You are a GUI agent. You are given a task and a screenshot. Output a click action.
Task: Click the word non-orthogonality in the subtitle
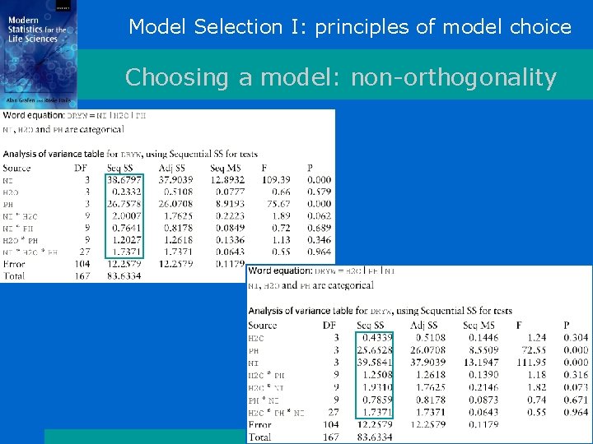454,78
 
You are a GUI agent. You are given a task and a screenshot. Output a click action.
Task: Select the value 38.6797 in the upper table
124,179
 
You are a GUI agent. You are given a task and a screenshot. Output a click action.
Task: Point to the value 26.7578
124,204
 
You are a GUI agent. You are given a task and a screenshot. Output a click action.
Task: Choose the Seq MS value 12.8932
227,179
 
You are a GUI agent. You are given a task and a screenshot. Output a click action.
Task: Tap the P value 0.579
320,192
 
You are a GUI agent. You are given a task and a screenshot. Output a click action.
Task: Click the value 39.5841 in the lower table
376,363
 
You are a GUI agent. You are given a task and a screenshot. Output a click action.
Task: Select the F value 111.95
528,363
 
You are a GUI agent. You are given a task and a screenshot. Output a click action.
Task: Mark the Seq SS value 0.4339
378,338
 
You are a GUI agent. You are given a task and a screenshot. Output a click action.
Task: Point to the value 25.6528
376,350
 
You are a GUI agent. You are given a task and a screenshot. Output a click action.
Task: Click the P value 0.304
576,338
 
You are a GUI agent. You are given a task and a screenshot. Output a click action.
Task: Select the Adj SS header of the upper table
173,168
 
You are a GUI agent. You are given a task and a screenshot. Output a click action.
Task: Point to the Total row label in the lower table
259,437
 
